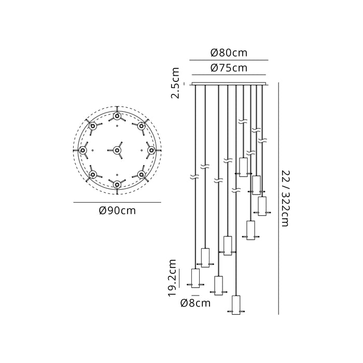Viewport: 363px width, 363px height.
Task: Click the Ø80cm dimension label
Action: coord(229,53)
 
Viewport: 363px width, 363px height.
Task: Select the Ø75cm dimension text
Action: coord(229,68)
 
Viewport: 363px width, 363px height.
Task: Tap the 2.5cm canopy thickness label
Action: coord(175,83)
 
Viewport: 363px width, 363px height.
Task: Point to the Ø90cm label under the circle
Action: coord(117,211)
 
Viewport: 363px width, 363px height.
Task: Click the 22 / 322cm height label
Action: coord(285,199)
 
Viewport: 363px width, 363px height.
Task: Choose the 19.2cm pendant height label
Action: coord(172,278)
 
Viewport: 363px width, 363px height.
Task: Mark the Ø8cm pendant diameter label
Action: coord(196,303)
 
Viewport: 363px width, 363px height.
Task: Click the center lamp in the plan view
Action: coord(117,150)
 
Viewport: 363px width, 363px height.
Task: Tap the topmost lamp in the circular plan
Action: coord(117,116)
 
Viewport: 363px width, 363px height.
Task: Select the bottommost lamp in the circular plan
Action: coord(117,185)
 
